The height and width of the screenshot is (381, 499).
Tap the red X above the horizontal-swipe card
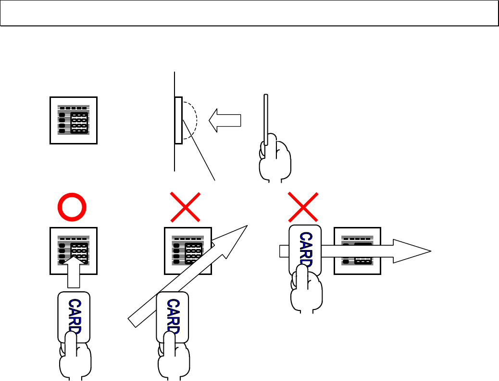click(x=303, y=208)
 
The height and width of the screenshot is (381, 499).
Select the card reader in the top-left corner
click(x=74, y=120)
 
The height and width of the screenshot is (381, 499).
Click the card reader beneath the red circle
click(x=74, y=250)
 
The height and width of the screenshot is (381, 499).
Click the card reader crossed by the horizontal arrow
click(x=358, y=250)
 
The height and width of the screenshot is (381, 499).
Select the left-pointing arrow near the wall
click(x=225, y=120)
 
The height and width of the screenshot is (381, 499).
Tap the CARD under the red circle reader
click(x=74, y=317)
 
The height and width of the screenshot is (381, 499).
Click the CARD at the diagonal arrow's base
click(x=173, y=317)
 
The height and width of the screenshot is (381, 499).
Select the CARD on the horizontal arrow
click(x=306, y=250)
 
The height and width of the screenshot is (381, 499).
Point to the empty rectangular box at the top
click(x=249, y=13)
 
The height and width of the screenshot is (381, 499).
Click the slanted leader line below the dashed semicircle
click(x=202, y=158)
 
